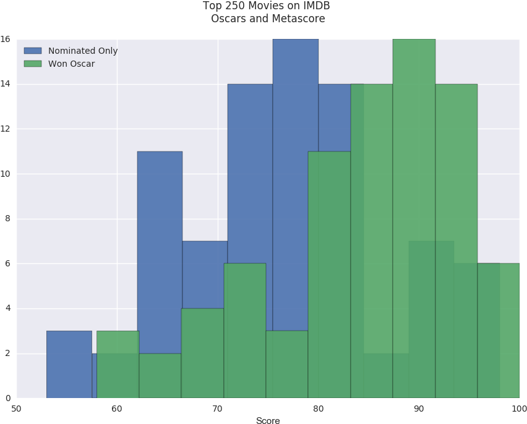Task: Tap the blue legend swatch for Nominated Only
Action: point(32,51)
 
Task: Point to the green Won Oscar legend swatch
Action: point(32,64)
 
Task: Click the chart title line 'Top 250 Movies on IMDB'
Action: point(267,6)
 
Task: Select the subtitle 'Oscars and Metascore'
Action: point(267,19)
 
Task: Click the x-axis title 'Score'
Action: point(268,420)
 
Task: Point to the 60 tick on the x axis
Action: point(117,409)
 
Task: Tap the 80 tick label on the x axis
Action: point(318,409)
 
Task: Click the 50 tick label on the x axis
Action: point(17,409)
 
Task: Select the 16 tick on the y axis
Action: point(5,39)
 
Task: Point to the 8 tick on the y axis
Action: point(6,219)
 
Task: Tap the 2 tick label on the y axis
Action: point(6,354)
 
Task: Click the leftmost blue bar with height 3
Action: point(69,365)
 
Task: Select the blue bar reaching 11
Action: point(160,247)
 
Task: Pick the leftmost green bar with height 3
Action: point(118,365)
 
